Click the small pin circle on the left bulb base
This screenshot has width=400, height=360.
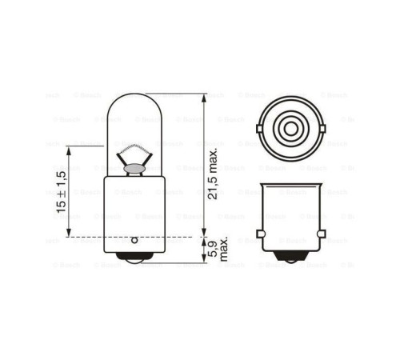[x=134, y=239]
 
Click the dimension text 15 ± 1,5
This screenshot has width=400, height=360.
[x=61, y=191]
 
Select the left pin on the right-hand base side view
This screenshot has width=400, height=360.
[x=259, y=234]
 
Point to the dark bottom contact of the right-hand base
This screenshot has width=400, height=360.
[x=290, y=260]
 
